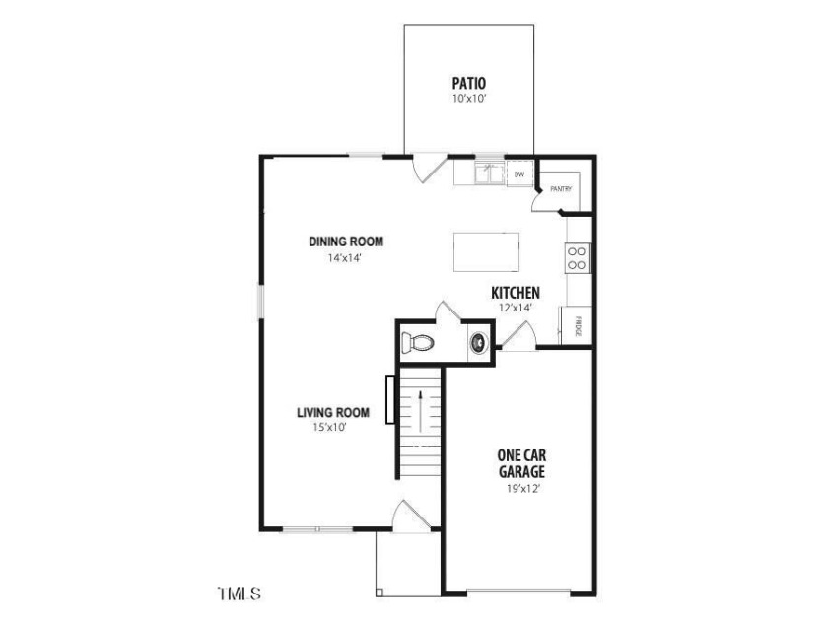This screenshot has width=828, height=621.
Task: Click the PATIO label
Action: coord(469,83)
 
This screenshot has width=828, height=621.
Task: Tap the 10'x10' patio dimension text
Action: coord(469,99)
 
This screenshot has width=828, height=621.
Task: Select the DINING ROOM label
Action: coord(346,241)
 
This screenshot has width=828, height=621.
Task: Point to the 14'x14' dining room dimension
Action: coord(345,258)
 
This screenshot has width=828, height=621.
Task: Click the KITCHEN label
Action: coord(516,293)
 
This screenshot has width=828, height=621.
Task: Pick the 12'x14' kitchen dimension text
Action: coord(515,308)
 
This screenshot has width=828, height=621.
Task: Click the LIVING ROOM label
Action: coord(333,412)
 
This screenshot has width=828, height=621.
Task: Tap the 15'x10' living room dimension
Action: coord(329,427)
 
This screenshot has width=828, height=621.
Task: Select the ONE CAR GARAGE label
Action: coord(521,463)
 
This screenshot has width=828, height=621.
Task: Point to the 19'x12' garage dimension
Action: coord(522,489)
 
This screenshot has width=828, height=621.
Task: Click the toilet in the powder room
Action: coord(417,343)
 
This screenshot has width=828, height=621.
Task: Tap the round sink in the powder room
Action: coord(479,342)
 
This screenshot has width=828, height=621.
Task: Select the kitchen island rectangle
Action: coord(486,252)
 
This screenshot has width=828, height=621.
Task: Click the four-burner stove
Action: coord(577,258)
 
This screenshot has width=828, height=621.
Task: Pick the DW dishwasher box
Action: coord(519,173)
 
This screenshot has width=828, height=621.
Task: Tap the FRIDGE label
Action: coord(578,326)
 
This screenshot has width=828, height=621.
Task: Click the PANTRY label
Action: coord(561,188)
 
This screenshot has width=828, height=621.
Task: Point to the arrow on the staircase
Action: coord(420,411)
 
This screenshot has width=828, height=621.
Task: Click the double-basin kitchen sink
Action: coord(490,172)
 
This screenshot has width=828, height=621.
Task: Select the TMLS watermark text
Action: coord(240,593)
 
